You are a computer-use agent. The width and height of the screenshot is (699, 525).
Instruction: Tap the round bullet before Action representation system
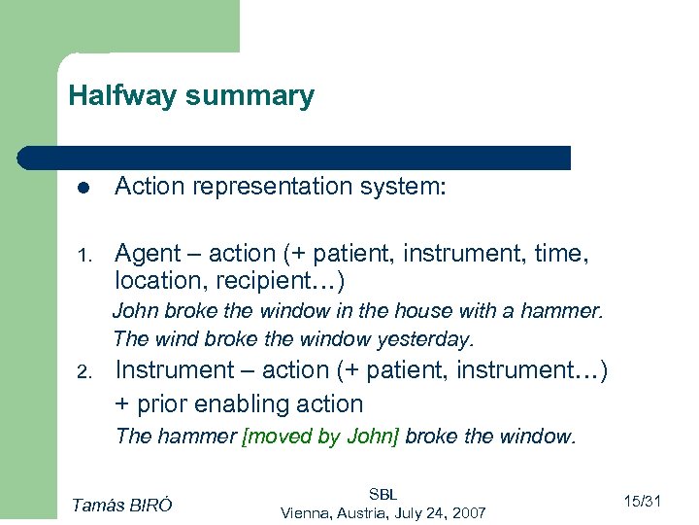tap(84, 188)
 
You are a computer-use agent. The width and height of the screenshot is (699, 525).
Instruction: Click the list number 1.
tap(84, 256)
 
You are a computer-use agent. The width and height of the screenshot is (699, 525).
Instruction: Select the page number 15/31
tap(642, 502)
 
